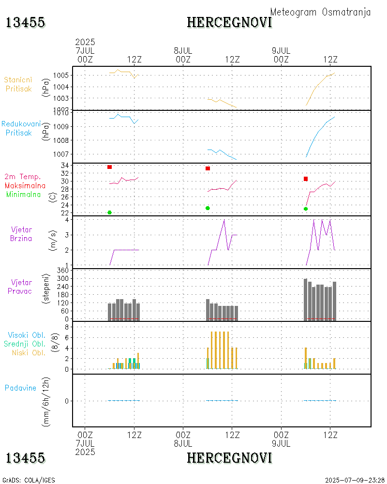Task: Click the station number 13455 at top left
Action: (26, 22)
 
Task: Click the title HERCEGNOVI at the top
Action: (229, 22)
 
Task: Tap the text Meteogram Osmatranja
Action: (320, 12)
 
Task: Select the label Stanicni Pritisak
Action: (17, 84)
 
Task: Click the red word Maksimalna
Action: (25, 185)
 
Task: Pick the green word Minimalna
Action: (24, 194)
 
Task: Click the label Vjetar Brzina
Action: (21, 233)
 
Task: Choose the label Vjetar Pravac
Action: (21, 286)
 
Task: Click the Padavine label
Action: (20, 388)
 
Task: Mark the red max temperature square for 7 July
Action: (110, 167)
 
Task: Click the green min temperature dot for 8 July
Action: (208, 208)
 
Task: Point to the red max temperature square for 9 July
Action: (306, 179)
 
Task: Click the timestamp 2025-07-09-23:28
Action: (355, 480)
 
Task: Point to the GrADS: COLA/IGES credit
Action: (29, 480)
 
